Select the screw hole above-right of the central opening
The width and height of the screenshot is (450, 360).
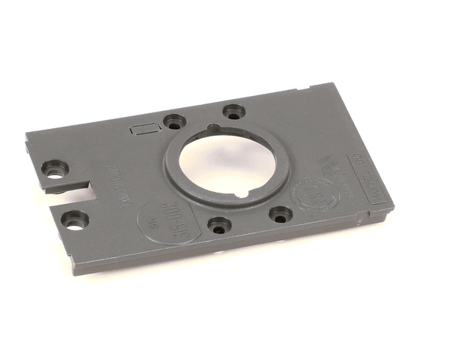pos(234,112)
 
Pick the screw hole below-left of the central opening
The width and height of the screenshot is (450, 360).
pos(219,223)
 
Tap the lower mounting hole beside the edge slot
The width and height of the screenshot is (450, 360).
pos(75,220)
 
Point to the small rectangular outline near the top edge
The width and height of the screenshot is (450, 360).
pos(144,128)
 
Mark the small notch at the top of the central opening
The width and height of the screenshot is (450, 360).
pos(214,128)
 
